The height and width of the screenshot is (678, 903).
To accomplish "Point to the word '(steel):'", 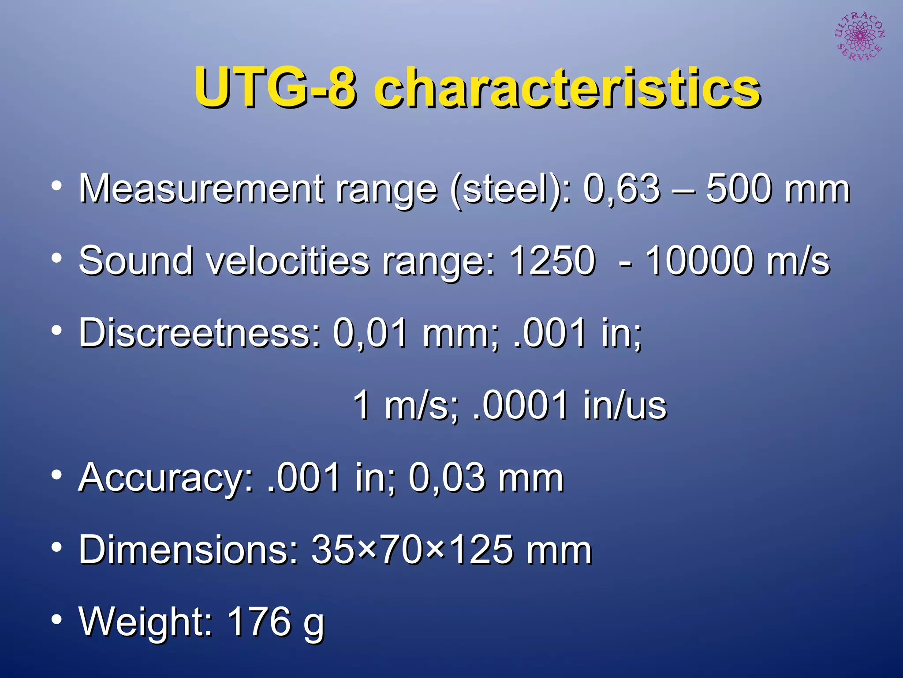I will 510,190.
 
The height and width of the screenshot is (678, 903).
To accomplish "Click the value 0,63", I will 622,189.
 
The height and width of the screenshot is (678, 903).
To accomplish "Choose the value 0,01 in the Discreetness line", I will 370,333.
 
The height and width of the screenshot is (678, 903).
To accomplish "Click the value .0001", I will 520,405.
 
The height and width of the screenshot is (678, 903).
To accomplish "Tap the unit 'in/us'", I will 625,405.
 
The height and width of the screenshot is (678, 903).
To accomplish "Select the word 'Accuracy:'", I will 166,478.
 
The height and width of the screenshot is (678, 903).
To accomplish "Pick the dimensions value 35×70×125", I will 412,550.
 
